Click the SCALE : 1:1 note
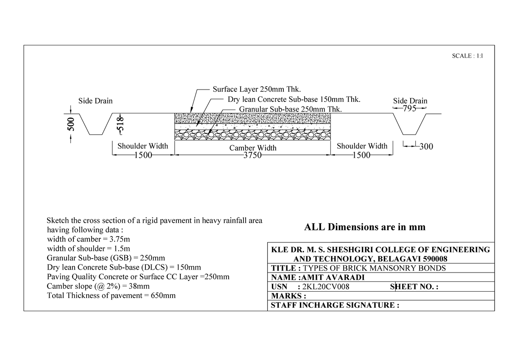tap(468, 56)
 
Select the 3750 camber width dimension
tap(253, 155)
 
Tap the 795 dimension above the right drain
tap(410, 108)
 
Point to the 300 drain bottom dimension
tap(426, 147)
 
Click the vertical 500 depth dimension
tap(71, 124)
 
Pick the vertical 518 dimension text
tap(121, 123)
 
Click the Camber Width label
tap(253, 148)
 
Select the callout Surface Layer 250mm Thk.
tap(257, 90)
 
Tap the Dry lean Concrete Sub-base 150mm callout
tap(294, 100)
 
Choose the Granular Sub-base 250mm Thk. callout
tap(291, 109)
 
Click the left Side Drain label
tap(95, 101)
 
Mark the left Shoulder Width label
tap(143, 146)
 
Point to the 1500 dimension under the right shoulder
tap(362, 155)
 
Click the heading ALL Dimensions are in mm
tap(365, 227)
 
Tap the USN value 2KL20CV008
tap(325, 287)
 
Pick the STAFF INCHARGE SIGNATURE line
tap(335, 305)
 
